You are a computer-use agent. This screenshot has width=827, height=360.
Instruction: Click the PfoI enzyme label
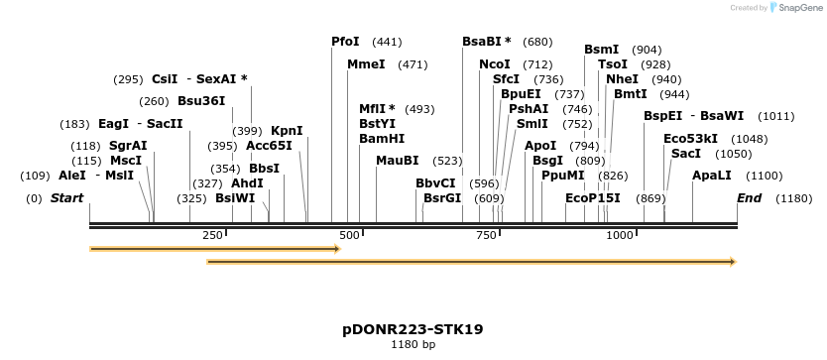pyautogui.click(x=345, y=42)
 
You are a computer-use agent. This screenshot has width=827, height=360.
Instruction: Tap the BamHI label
pyautogui.click(x=382, y=139)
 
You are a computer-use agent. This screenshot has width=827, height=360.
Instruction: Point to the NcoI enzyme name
pyautogui.click(x=495, y=64)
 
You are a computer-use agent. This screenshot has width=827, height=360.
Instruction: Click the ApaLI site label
pyautogui.click(x=711, y=176)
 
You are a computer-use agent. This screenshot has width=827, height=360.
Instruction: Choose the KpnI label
pyautogui.click(x=287, y=130)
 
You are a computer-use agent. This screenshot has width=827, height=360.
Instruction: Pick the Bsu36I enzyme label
pyautogui.click(x=201, y=101)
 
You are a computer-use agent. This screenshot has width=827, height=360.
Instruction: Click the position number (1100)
pyautogui.click(x=764, y=176)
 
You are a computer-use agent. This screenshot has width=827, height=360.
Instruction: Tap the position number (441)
pyautogui.click(x=387, y=42)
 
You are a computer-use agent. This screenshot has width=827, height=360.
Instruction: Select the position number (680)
pyautogui.click(x=537, y=42)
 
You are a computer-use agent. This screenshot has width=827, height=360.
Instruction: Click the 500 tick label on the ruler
pyautogui.click(x=349, y=235)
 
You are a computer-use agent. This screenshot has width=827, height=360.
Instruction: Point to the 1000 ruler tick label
pyautogui.click(x=620, y=235)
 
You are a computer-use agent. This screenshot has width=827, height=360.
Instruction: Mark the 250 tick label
pyautogui.click(x=212, y=235)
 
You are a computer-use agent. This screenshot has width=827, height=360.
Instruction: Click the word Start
pyautogui.click(x=66, y=198)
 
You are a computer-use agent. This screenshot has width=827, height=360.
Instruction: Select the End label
pyautogui.click(x=750, y=198)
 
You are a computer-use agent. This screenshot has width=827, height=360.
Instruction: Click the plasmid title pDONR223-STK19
pyautogui.click(x=413, y=328)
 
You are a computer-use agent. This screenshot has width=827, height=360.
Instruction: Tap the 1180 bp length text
pyautogui.click(x=413, y=345)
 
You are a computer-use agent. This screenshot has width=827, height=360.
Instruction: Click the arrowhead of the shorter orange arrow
pyautogui.click(x=336, y=249)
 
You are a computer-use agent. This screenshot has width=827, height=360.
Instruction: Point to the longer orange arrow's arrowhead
pyautogui.click(x=732, y=262)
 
